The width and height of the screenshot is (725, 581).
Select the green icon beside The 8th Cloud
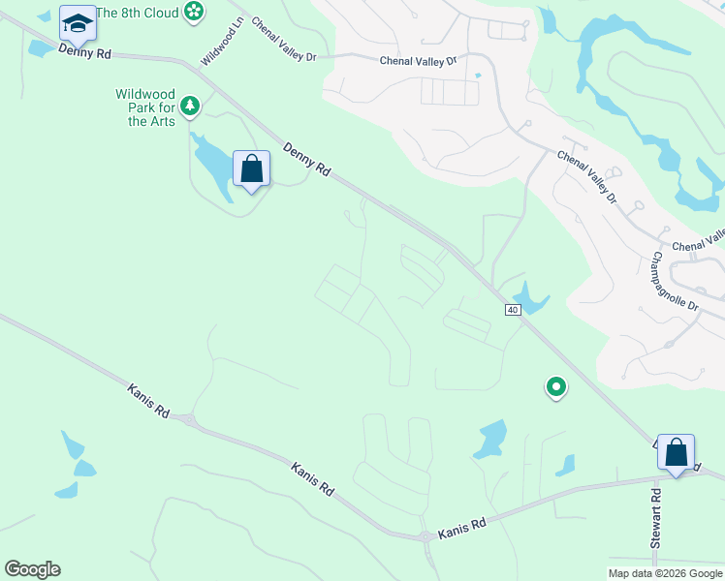194,12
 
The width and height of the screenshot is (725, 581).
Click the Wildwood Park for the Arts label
144,107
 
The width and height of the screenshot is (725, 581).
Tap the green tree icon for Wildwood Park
191,105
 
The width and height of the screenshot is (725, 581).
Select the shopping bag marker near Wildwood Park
252,168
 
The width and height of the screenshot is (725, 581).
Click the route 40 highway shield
513,309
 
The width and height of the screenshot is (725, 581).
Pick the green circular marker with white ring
556,387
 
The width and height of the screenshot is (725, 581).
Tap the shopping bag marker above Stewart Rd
676,451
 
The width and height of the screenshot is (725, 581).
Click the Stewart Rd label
656,519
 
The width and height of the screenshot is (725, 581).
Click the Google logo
32,569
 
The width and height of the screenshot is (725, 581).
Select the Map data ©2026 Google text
665,573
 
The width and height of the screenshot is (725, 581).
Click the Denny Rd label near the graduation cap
85,50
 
